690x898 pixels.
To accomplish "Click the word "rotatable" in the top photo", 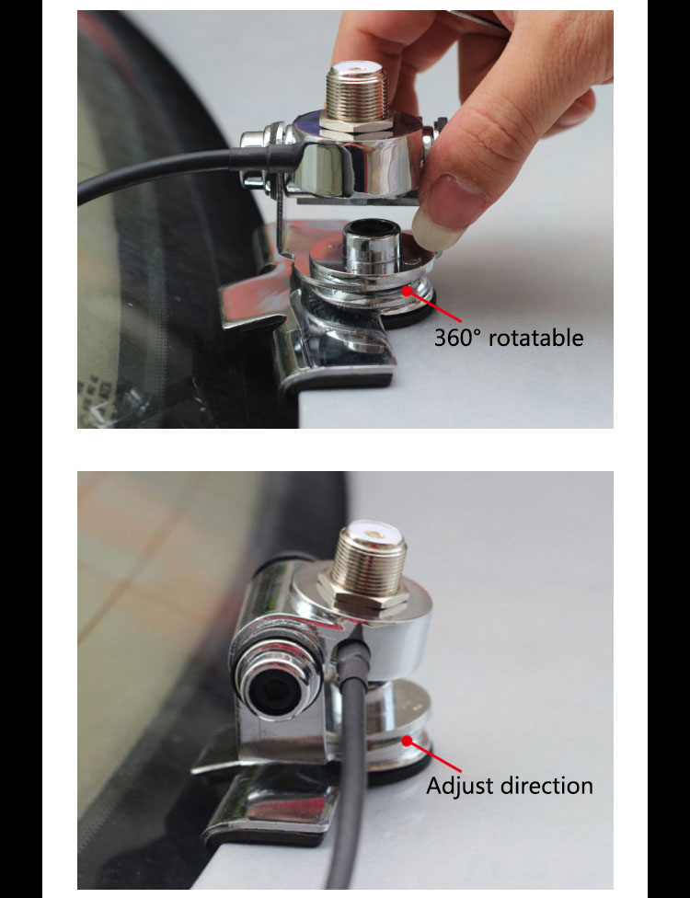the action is (536, 338).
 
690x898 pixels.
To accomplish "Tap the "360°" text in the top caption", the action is (455, 338).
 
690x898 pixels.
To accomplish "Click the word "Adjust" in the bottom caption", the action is (460, 786).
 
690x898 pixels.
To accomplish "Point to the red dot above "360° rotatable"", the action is (408, 291).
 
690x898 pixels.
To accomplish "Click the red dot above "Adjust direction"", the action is (407, 741).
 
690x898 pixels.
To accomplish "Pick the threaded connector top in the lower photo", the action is (371, 558).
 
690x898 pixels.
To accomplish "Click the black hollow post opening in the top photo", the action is (371, 230).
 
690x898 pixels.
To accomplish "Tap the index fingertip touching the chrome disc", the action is (431, 226).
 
